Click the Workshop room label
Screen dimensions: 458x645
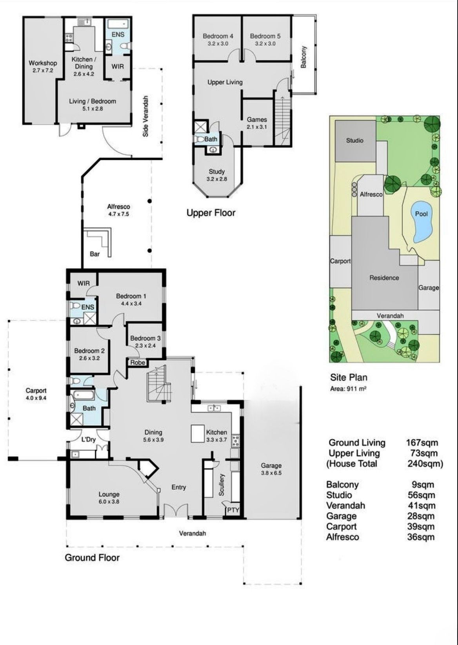point(43,63)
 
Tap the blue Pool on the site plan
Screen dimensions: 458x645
point(421,221)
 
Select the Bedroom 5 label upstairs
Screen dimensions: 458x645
point(265,36)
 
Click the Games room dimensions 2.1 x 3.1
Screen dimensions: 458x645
point(257,127)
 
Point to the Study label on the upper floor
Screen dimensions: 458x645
point(217,172)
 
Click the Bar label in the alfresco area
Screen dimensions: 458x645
point(95,254)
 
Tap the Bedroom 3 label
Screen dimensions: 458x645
point(145,338)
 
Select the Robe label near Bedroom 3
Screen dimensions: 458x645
point(138,362)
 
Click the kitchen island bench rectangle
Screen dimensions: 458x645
point(198,434)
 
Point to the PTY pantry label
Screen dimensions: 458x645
point(233,510)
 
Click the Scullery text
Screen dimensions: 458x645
point(222,485)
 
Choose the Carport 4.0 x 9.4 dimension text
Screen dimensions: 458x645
point(36,398)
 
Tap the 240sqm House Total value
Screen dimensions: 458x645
point(425,464)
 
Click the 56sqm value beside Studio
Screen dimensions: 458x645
point(421,495)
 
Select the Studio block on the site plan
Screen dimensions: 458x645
point(355,141)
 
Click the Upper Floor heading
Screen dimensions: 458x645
point(211,213)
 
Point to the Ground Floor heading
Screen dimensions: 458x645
point(92,557)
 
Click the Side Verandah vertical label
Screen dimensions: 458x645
point(146,116)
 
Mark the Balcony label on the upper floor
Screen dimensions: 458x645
point(303,57)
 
